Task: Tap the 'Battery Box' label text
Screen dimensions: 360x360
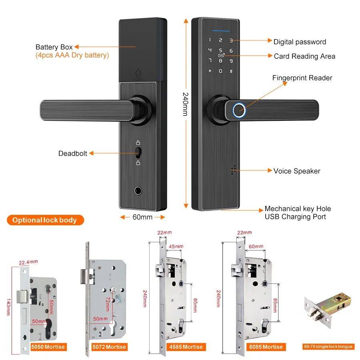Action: tap(54, 47)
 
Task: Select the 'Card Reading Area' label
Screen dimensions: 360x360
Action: tap(304, 56)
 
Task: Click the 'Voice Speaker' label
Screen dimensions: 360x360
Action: tap(297, 171)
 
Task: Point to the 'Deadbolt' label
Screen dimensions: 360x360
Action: tap(72, 153)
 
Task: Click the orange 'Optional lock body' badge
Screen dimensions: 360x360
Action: tap(45, 220)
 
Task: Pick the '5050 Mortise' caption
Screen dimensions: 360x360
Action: tap(48, 347)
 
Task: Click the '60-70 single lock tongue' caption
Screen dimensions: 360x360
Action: tap(328, 346)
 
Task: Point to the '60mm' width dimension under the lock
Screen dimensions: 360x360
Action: tap(142, 217)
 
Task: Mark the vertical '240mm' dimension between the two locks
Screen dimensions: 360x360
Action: tap(185, 104)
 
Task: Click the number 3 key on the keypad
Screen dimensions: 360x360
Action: tap(231, 40)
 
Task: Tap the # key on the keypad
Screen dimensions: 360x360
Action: tap(231, 72)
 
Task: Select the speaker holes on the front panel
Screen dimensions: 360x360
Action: tap(232, 170)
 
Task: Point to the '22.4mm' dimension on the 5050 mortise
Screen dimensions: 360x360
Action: tap(28, 262)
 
